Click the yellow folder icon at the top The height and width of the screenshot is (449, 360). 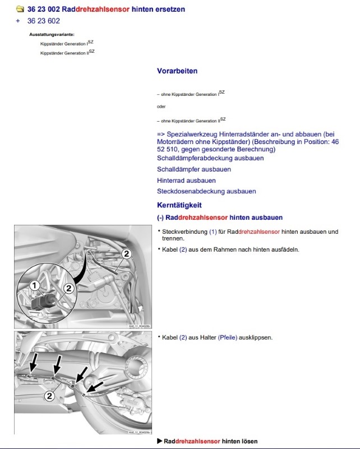click(20, 10)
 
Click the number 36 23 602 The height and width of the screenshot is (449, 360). click(43, 21)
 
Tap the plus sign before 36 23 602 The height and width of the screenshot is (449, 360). click(18, 21)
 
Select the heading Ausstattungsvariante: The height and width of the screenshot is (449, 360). click(52, 35)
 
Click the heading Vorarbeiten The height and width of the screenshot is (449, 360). click(177, 71)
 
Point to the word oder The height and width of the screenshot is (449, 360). click(161, 107)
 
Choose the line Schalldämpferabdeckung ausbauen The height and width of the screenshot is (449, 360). click(210, 158)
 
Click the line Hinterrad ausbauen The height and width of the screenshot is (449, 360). click(186, 180)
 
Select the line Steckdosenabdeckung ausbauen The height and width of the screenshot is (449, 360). click(206, 192)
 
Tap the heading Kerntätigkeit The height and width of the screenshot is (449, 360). click(179, 205)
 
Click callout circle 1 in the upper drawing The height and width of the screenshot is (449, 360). click(34, 286)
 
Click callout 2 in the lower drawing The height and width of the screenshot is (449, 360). click(49, 396)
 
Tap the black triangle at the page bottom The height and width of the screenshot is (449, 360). click(160, 441)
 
